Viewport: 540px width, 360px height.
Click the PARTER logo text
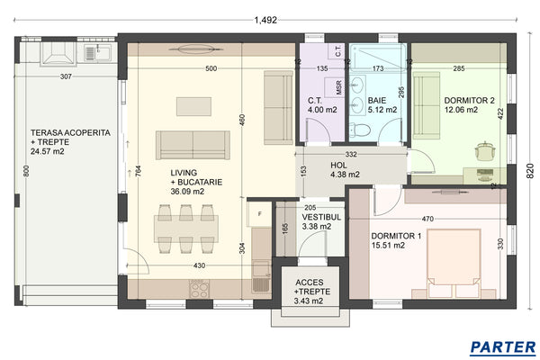(502, 346)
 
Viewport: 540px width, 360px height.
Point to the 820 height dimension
(529, 171)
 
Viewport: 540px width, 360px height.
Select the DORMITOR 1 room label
(395, 239)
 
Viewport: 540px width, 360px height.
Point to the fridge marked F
(260, 215)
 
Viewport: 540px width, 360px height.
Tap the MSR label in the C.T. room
(339, 87)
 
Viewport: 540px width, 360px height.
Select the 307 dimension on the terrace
(66, 76)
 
